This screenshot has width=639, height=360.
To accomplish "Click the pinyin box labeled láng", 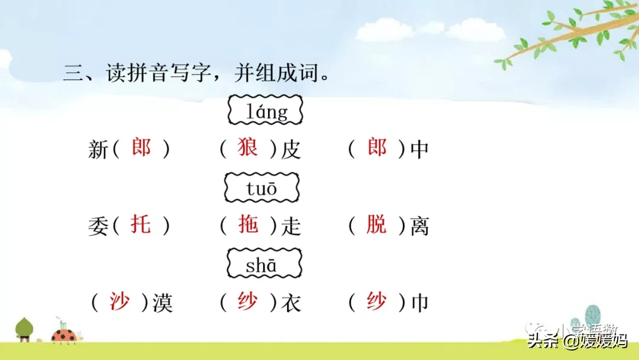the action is pos(265,110).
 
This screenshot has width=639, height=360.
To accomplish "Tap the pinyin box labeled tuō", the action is pos(262,188).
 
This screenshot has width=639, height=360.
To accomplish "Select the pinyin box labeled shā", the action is pos(264,263).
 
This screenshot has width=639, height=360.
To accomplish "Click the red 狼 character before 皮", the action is pos(247,147).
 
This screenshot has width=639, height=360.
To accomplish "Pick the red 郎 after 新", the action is pos(141,147).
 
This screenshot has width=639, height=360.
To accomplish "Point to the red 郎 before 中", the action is pos(376,147).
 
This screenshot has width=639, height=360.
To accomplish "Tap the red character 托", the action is pos(141,224).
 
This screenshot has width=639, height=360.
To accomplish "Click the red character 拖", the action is pos(248,224).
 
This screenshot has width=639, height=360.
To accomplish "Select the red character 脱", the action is pos(376,224).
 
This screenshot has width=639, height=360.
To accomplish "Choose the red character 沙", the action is pos(120,301).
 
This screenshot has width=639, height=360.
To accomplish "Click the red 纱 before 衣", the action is pos(247,301).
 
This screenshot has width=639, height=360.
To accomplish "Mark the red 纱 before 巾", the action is pos(376,301).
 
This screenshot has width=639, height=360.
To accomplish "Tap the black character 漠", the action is pos(163,303).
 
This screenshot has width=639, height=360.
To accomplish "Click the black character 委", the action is pos(98,226).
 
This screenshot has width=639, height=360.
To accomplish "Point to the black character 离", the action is pos(419,226).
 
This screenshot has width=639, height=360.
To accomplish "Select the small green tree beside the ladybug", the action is pos(24,329).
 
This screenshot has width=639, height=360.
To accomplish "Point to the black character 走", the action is pos(291,226).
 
